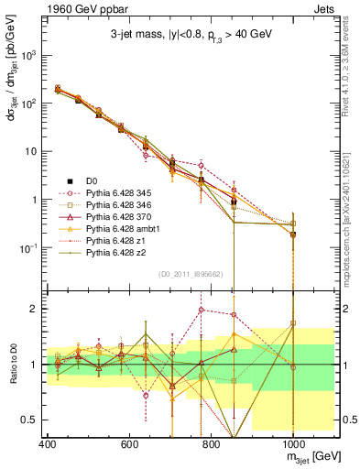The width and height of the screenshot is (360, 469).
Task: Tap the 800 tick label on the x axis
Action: [x=210, y=442]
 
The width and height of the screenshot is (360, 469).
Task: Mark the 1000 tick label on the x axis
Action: [x=292, y=442]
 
